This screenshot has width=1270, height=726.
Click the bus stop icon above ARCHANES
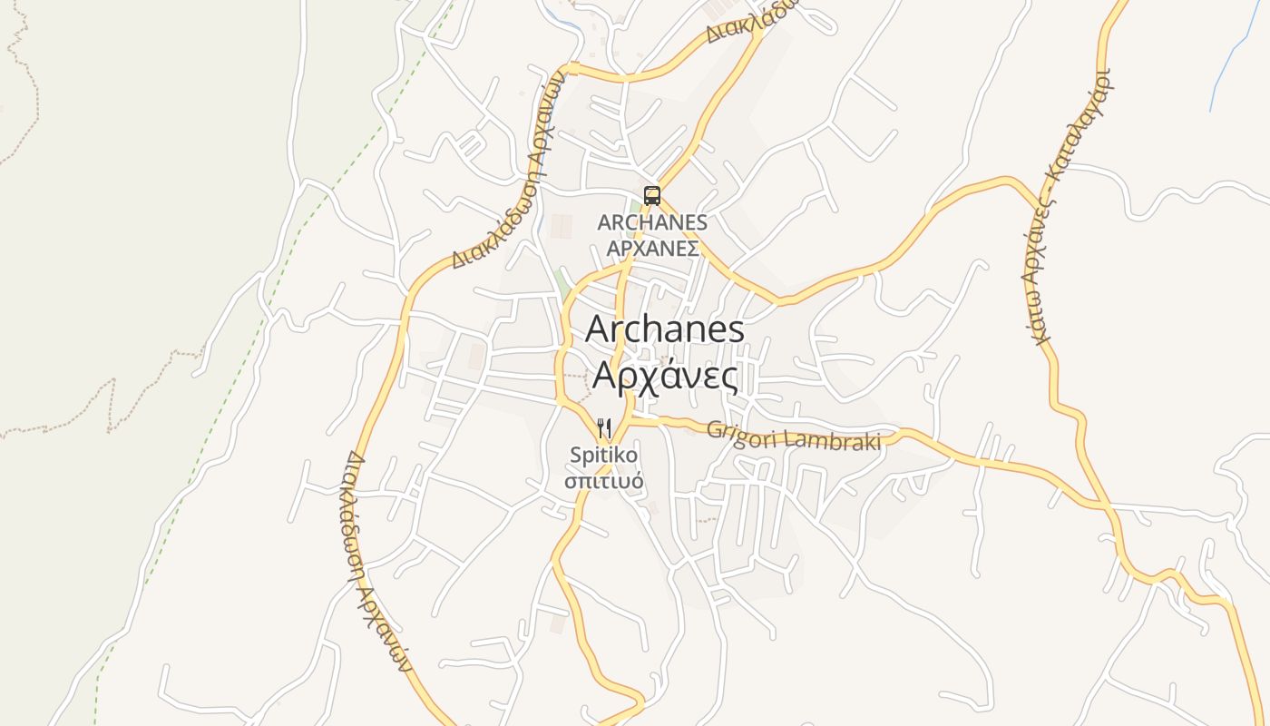(x=651, y=195)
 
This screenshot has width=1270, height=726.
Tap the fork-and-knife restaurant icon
(x=604, y=427)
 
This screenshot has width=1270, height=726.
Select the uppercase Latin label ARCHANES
(x=651, y=222)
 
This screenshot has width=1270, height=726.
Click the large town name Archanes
(x=664, y=329)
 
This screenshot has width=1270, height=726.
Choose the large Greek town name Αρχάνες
(x=664, y=375)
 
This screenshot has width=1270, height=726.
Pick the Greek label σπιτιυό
(x=604, y=481)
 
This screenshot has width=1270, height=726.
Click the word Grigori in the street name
(x=736, y=432)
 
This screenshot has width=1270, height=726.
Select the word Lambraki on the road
(x=833, y=440)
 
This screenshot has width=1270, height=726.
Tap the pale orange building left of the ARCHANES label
(x=562, y=227)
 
